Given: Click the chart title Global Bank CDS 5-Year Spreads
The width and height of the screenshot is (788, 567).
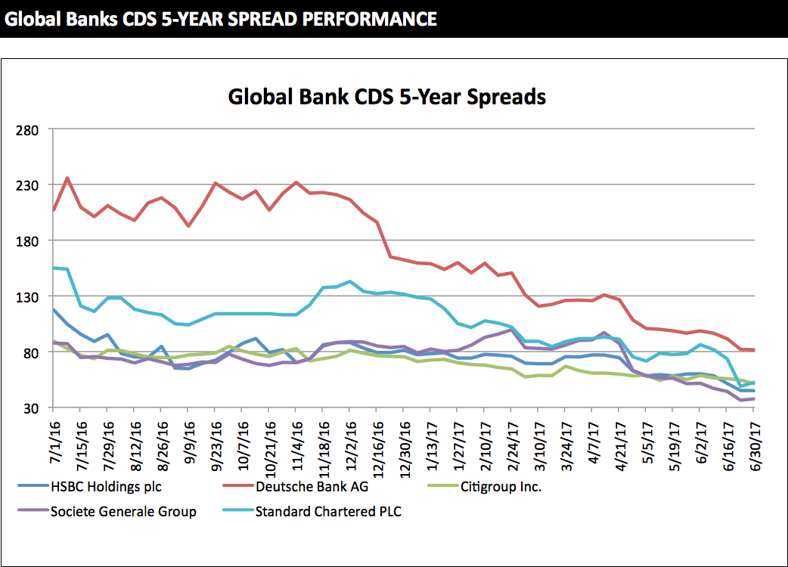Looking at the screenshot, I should [x=386, y=98].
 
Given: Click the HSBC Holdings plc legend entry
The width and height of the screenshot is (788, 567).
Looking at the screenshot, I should [x=106, y=486].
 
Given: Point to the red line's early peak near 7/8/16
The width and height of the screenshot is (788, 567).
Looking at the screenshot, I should [x=67, y=178].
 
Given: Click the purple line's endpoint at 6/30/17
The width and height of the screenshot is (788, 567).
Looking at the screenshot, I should [x=755, y=398].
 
